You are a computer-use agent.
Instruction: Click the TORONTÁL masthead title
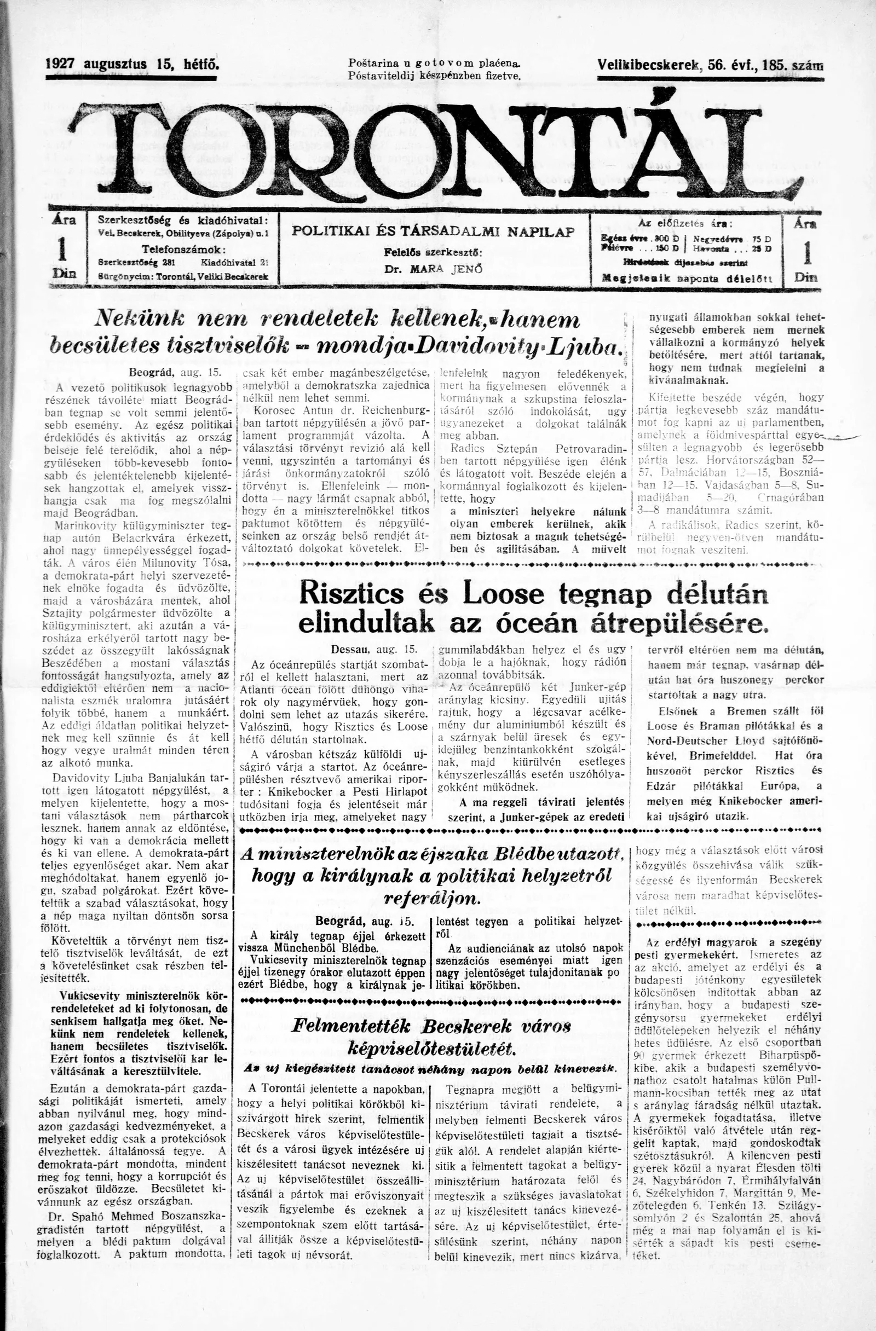click(x=436, y=152)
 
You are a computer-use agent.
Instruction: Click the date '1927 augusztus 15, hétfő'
click(x=132, y=65)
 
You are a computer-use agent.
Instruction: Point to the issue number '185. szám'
click(x=792, y=65)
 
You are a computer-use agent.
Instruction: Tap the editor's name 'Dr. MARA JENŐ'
click(x=433, y=268)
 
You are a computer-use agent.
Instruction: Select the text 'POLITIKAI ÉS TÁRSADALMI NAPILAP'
click(x=434, y=232)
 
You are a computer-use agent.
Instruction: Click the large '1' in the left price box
click(x=62, y=250)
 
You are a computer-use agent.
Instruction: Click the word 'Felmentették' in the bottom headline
click(x=351, y=1027)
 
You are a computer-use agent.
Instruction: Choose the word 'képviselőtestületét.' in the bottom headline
click(x=430, y=1049)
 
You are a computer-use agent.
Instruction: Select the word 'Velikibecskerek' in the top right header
click(x=649, y=65)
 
